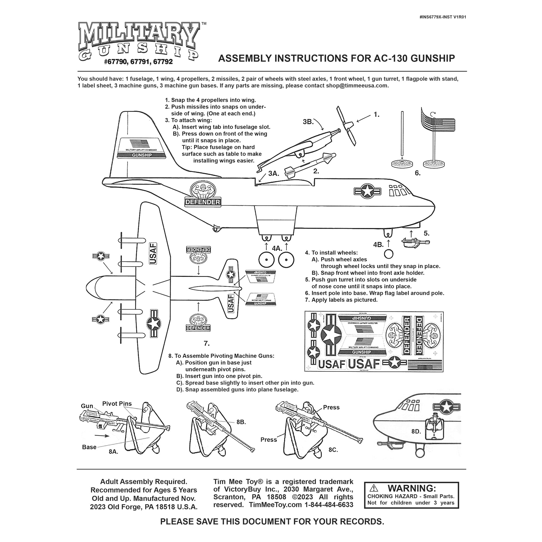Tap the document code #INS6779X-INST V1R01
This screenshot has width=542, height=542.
tap(443, 17)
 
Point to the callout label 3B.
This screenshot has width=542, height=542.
tap(308, 122)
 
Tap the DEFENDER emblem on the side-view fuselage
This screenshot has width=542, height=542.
tap(202, 194)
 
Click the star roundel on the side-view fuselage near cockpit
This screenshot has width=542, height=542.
tap(367, 191)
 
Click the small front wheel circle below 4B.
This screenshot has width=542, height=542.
tap(389, 254)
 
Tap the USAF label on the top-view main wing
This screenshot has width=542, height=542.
tap(153, 253)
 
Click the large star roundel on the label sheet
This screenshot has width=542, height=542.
tap(331, 335)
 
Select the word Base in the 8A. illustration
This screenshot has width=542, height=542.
tap(89, 447)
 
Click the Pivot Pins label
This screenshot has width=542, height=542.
tap(117, 404)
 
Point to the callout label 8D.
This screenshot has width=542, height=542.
tap(416, 431)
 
